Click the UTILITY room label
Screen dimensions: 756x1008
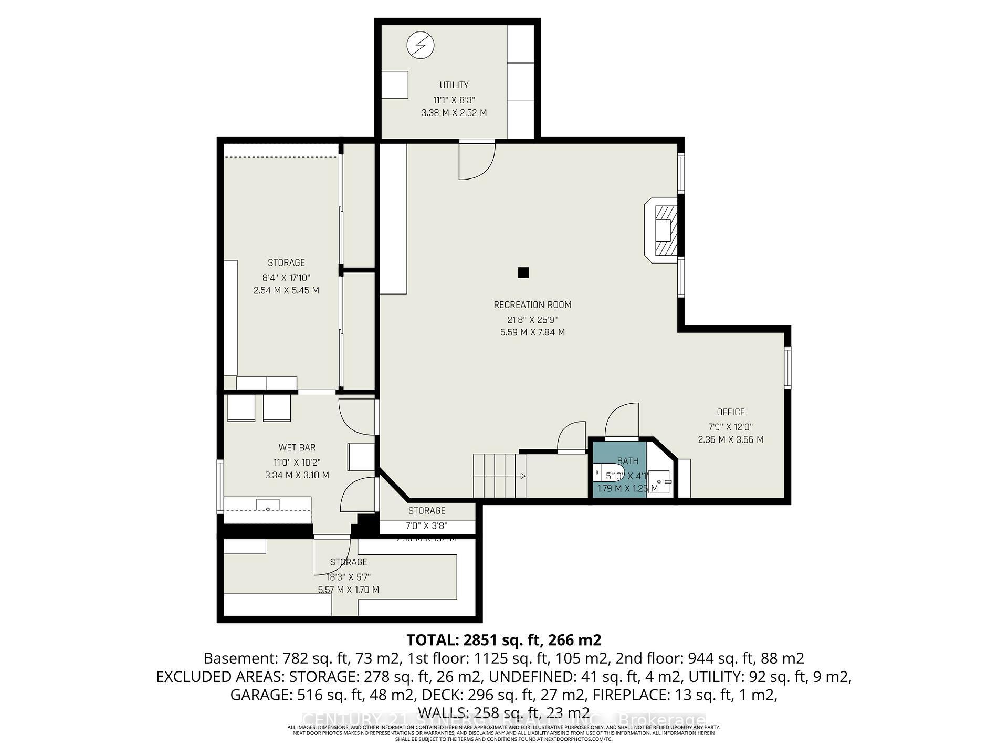454,85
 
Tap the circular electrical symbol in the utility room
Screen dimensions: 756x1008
421,45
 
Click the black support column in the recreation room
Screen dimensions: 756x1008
523,272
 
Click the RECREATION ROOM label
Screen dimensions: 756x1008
532,305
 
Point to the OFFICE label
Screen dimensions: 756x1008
730,413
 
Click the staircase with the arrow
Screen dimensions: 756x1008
499,476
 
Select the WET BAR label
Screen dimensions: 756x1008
297,448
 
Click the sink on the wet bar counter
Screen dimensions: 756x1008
268,505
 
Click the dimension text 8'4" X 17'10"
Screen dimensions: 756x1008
286,277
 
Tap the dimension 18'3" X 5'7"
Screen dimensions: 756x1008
348,576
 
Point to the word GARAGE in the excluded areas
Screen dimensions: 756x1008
260,695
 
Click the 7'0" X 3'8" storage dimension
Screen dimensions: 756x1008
426,526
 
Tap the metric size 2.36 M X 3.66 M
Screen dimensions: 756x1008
730,440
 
